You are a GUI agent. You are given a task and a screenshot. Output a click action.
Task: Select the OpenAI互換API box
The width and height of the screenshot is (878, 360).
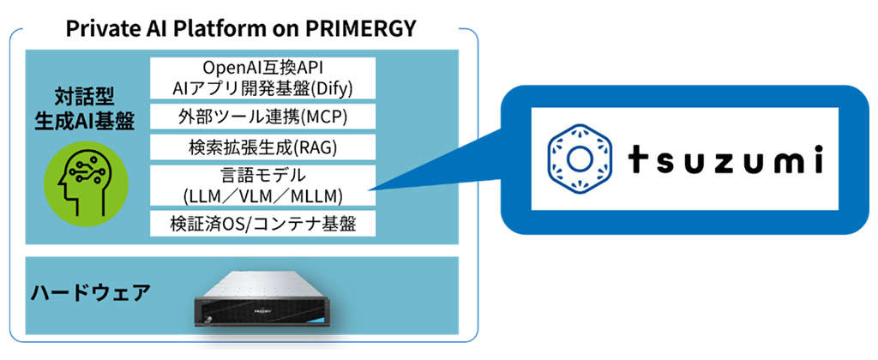click(262, 78)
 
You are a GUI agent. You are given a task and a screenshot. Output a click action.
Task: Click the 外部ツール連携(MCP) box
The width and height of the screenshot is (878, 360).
click(262, 117)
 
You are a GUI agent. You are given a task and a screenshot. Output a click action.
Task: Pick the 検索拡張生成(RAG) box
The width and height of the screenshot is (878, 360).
click(262, 147)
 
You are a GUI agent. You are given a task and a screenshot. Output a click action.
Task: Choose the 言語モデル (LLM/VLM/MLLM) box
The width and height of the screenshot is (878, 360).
click(262, 185)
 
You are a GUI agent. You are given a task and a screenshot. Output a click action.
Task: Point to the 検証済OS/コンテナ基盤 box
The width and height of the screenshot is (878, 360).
click(262, 224)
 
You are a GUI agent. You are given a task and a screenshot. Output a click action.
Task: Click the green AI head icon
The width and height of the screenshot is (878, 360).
click(85, 183)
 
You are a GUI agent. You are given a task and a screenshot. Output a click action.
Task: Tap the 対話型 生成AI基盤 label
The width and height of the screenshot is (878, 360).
click(85, 110)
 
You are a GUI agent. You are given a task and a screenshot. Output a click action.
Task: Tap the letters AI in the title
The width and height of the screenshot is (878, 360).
click(144, 28)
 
